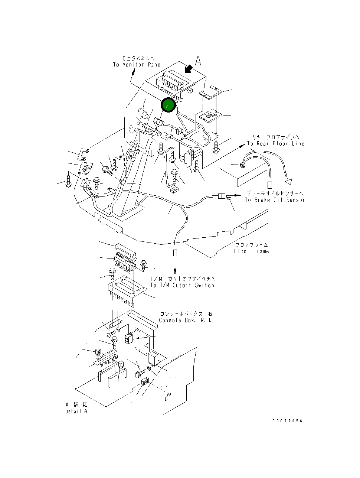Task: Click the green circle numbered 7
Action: pos(168,105)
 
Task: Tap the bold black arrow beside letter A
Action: pos(189,68)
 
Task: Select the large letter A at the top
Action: pos(199,61)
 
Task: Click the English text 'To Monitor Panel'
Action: pos(138,65)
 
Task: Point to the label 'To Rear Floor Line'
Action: pos(276,144)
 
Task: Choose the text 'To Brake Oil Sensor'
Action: pos(275,200)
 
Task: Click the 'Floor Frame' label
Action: pos(251,251)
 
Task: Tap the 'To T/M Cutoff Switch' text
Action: pos(182,285)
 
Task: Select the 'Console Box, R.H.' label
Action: pos(185,320)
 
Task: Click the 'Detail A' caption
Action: pos(76,411)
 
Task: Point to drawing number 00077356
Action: pos(287,421)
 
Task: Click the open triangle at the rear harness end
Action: pos(288,181)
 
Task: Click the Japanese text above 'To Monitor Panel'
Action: pos(138,58)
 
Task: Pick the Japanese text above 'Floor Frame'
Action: pos(251,245)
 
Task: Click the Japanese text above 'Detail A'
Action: pos(76,405)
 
